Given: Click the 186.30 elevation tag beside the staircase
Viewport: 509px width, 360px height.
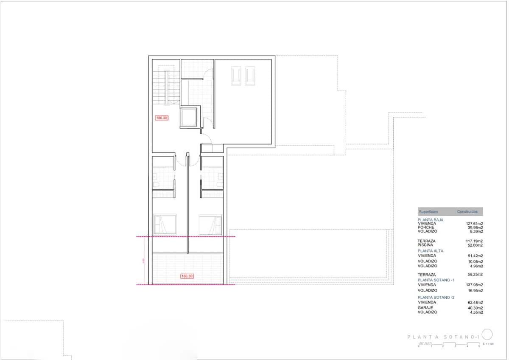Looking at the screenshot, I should pos(162,118).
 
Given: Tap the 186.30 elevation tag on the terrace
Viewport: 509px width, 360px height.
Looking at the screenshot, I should pos(187,276).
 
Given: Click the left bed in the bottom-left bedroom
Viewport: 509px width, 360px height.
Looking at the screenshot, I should pos(165,224).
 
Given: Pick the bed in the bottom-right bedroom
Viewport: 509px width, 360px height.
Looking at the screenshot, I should pos(211,224).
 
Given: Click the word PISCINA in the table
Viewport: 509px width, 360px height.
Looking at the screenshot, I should pos(426,245).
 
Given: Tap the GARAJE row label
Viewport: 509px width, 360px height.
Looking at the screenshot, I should pos(425,308).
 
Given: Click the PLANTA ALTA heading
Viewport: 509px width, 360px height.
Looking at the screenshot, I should pos(431,251).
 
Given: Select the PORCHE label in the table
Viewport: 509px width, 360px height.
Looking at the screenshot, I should pos(426,227).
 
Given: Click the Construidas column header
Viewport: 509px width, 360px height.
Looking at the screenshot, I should pos(467,211).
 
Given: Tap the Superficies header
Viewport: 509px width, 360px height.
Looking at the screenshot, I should pos(428,211).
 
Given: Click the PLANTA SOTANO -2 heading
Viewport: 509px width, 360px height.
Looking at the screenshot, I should pos(436,298).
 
